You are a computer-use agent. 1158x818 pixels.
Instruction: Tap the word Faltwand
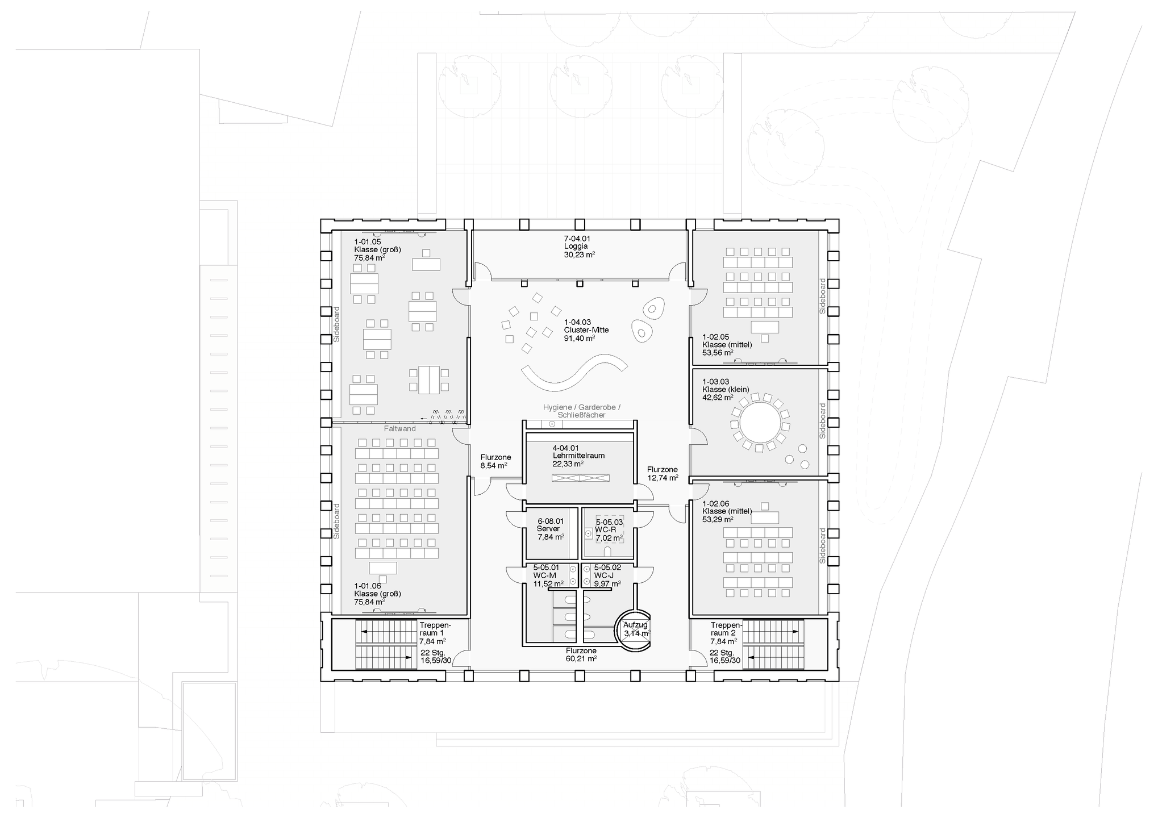(400, 429)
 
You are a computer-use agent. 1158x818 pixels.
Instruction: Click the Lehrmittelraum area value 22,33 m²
(568, 464)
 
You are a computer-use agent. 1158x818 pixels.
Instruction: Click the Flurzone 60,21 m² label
(581, 655)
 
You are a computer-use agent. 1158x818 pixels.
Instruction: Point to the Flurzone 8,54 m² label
(495, 461)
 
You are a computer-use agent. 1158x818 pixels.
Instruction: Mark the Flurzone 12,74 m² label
(663, 474)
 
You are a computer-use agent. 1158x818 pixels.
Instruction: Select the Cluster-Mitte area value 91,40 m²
(580, 338)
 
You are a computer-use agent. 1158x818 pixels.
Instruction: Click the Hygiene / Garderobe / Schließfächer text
(581, 411)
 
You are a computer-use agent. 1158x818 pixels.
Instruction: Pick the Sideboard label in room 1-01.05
(336, 324)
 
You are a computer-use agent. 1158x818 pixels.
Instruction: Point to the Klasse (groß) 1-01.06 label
(377, 594)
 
